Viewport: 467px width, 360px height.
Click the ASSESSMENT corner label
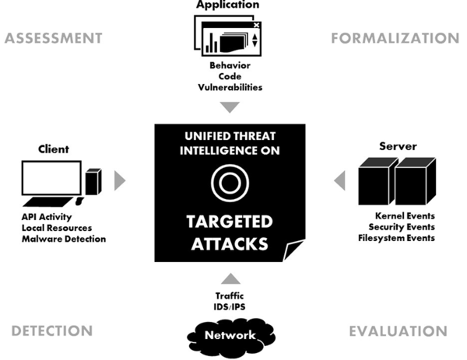coord(53,37)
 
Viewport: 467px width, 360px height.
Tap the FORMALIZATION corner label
coord(395,37)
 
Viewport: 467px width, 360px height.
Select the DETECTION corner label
coord(52,330)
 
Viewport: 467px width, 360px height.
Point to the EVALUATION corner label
coord(398,330)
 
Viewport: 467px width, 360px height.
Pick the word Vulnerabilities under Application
coord(230,88)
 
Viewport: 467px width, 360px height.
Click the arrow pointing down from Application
coord(229,107)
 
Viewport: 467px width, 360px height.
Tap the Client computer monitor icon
coord(52,179)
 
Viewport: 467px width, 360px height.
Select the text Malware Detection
coord(64,239)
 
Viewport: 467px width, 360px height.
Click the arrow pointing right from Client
coord(119,181)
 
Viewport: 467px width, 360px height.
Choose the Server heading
coord(398,146)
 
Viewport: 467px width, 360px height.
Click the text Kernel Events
coord(405,215)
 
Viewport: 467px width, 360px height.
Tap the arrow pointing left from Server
coord(339,181)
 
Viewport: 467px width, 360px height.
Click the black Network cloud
coord(230,336)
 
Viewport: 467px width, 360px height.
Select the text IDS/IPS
coord(230,306)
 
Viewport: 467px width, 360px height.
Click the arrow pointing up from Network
coord(230,278)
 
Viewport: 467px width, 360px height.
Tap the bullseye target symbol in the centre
coord(230,183)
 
